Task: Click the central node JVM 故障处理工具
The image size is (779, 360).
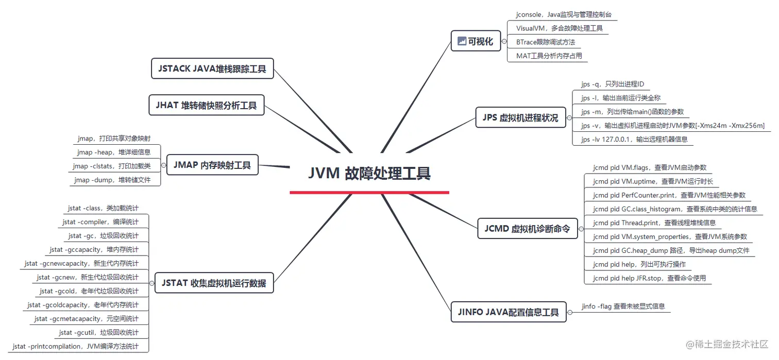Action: point(369,173)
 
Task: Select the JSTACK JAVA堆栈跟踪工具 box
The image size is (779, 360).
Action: point(212,68)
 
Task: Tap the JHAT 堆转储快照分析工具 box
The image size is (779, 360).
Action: point(206,106)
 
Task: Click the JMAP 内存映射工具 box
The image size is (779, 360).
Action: point(212,165)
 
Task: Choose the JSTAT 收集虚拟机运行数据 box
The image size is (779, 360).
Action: point(214,283)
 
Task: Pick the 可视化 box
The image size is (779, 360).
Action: point(476,42)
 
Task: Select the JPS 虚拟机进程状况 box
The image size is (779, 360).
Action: point(520,117)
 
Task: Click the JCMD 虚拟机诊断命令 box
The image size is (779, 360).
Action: point(527,229)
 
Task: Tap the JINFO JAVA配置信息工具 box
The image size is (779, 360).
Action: point(508,312)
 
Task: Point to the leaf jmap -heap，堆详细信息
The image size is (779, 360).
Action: point(114,152)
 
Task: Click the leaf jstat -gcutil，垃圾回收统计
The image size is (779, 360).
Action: point(98,333)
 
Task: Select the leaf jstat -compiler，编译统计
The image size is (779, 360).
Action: point(100,222)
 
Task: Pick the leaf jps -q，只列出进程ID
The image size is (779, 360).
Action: point(612,84)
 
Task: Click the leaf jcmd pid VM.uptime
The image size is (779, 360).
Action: point(652,181)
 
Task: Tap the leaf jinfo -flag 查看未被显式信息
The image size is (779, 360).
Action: point(623,306)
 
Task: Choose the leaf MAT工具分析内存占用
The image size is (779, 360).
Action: point(549,56)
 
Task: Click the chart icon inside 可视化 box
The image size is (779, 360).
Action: point(461,42)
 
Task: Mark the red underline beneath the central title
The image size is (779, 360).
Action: point(369,193)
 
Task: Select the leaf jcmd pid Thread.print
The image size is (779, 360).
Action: point(654,223)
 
